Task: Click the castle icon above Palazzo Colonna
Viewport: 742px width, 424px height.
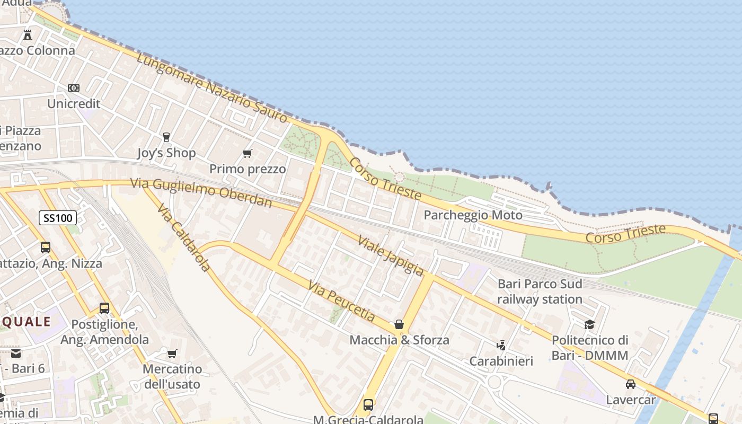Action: (28, 35)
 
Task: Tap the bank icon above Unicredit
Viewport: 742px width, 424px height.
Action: (74, 88)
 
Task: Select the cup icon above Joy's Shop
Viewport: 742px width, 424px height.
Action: (166, 137)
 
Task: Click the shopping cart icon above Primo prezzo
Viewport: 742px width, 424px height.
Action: (247, 154)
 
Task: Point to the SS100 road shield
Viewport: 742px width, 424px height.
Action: (58, 217)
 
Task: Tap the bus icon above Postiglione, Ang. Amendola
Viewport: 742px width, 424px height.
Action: (104, 308)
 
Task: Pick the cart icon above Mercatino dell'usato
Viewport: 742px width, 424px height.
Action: (172, 354)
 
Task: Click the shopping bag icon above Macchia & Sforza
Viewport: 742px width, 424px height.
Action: (399, 324)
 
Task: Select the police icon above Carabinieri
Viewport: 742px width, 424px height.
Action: (501, 346)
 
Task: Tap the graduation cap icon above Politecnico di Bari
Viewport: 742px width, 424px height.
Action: (589, 324)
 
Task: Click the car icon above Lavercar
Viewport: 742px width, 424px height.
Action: (630, 384)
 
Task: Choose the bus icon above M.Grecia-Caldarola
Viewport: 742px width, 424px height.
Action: (368, 405)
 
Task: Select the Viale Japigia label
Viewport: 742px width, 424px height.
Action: (391, 255)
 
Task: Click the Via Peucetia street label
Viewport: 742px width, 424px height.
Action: (341, 302)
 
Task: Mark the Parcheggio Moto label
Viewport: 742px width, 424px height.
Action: (473, 215)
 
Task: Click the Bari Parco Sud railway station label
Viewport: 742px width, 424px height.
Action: (540, 291)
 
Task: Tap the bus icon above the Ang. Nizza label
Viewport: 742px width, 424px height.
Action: (46, 248)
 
